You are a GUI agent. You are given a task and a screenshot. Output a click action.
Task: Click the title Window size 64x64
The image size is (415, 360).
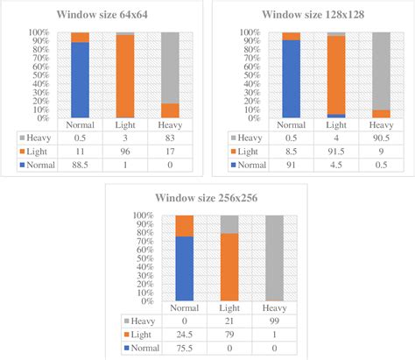102,15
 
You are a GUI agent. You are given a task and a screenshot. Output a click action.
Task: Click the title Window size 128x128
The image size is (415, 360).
312,15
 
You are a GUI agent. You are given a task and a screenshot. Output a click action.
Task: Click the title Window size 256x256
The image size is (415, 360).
207,198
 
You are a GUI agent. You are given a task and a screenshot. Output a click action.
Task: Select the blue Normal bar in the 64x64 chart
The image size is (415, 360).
80,80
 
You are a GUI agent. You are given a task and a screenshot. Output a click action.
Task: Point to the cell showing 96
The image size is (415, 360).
125,151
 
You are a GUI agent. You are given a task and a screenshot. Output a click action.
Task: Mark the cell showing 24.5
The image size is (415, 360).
184,333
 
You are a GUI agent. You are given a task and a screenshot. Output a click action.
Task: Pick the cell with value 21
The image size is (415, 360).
229,321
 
